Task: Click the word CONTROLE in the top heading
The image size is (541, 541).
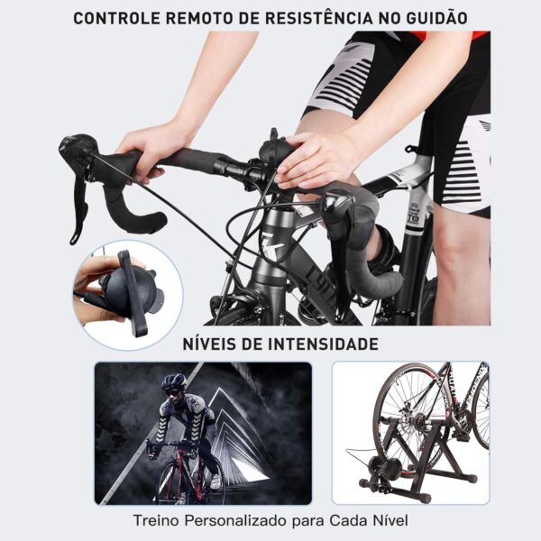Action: [x=117, y=18]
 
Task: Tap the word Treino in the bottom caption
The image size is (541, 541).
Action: [x=156, y=520]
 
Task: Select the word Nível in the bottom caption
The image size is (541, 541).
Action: [x=390, y=520]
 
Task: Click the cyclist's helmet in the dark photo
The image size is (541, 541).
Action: [x=174, y=381]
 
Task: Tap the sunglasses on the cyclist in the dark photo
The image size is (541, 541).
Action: [x=172, y=391]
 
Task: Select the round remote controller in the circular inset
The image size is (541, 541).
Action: [x=129, y=290]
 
